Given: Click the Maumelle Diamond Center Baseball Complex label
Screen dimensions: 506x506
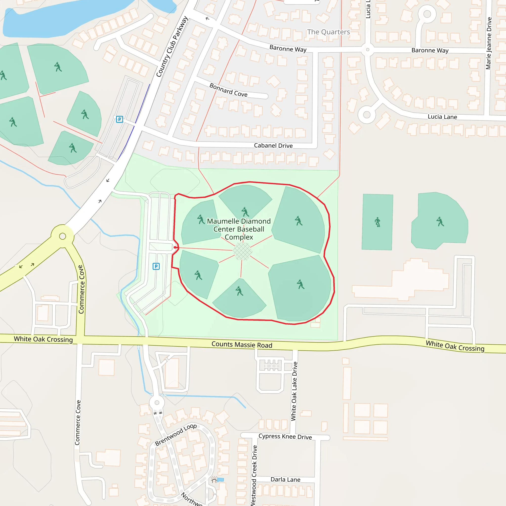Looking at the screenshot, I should (239, 229).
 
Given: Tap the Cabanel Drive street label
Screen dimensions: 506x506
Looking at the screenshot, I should (273, 146).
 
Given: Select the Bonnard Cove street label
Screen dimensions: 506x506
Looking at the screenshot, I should (228, 90).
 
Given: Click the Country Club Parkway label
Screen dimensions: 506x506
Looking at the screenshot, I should (172, 47).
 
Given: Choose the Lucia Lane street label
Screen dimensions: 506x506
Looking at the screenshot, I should (442, 117).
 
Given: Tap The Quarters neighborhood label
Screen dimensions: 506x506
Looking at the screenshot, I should (328, 32).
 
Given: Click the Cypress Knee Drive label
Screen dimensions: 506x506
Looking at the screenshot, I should (285, 437).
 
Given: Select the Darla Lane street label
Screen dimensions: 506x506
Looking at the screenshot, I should (285, 480).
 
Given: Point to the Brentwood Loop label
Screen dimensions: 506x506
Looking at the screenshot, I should (175, 435).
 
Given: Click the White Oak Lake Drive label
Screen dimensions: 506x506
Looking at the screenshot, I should (294, 391).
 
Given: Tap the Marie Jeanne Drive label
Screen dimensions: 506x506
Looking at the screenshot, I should (488, 43).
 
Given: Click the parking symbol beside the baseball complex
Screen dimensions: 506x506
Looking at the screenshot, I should (156, 266).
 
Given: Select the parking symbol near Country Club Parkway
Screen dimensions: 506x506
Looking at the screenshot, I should (119, 119).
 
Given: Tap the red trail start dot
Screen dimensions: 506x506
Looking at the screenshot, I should (175, 247).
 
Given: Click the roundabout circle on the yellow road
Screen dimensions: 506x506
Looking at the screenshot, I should (63, 236).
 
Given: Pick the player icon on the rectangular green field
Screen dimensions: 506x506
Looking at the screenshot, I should (378, 222).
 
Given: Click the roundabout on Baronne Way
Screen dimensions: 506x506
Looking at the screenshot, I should (367, 49).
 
